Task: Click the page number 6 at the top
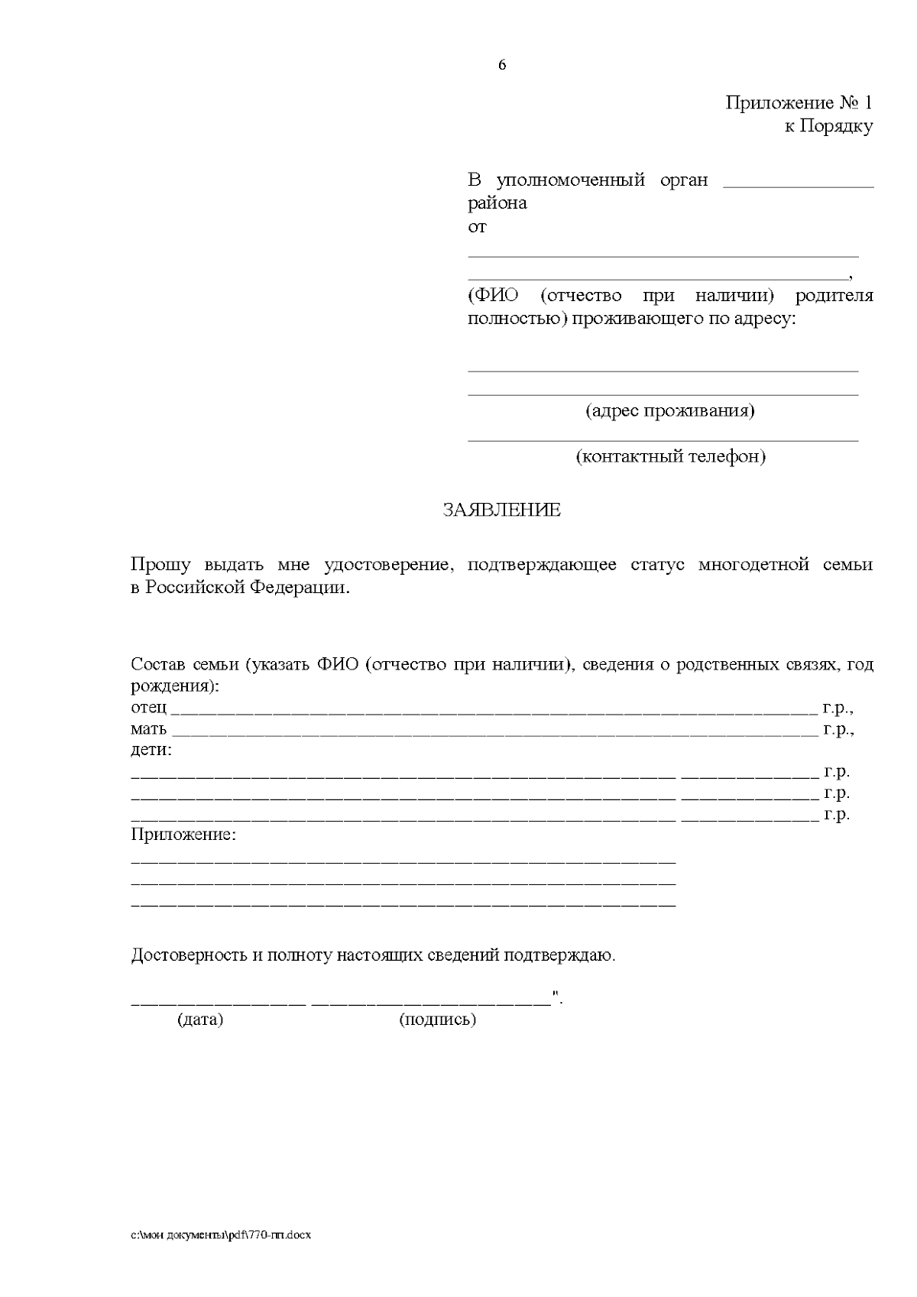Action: [x=502, y=66]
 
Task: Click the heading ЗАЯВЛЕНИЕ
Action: [x=501, y=511]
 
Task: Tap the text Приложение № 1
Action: [x=799, y=103]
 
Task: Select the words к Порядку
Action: [x=828, y=127]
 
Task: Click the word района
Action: [x=497, y=204]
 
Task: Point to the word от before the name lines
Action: [x=477, y=227]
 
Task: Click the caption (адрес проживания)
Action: [x=669, y=411]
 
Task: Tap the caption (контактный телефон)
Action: [x=670, y=457]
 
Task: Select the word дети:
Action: [x=151, y=750]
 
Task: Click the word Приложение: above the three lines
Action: [x=183, y=835]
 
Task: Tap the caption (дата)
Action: [x=200, y=1020]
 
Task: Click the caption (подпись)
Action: [x=437, y=1020]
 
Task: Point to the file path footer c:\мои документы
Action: [x=221, y=1235]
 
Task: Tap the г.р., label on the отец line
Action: [x=838, y=708]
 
